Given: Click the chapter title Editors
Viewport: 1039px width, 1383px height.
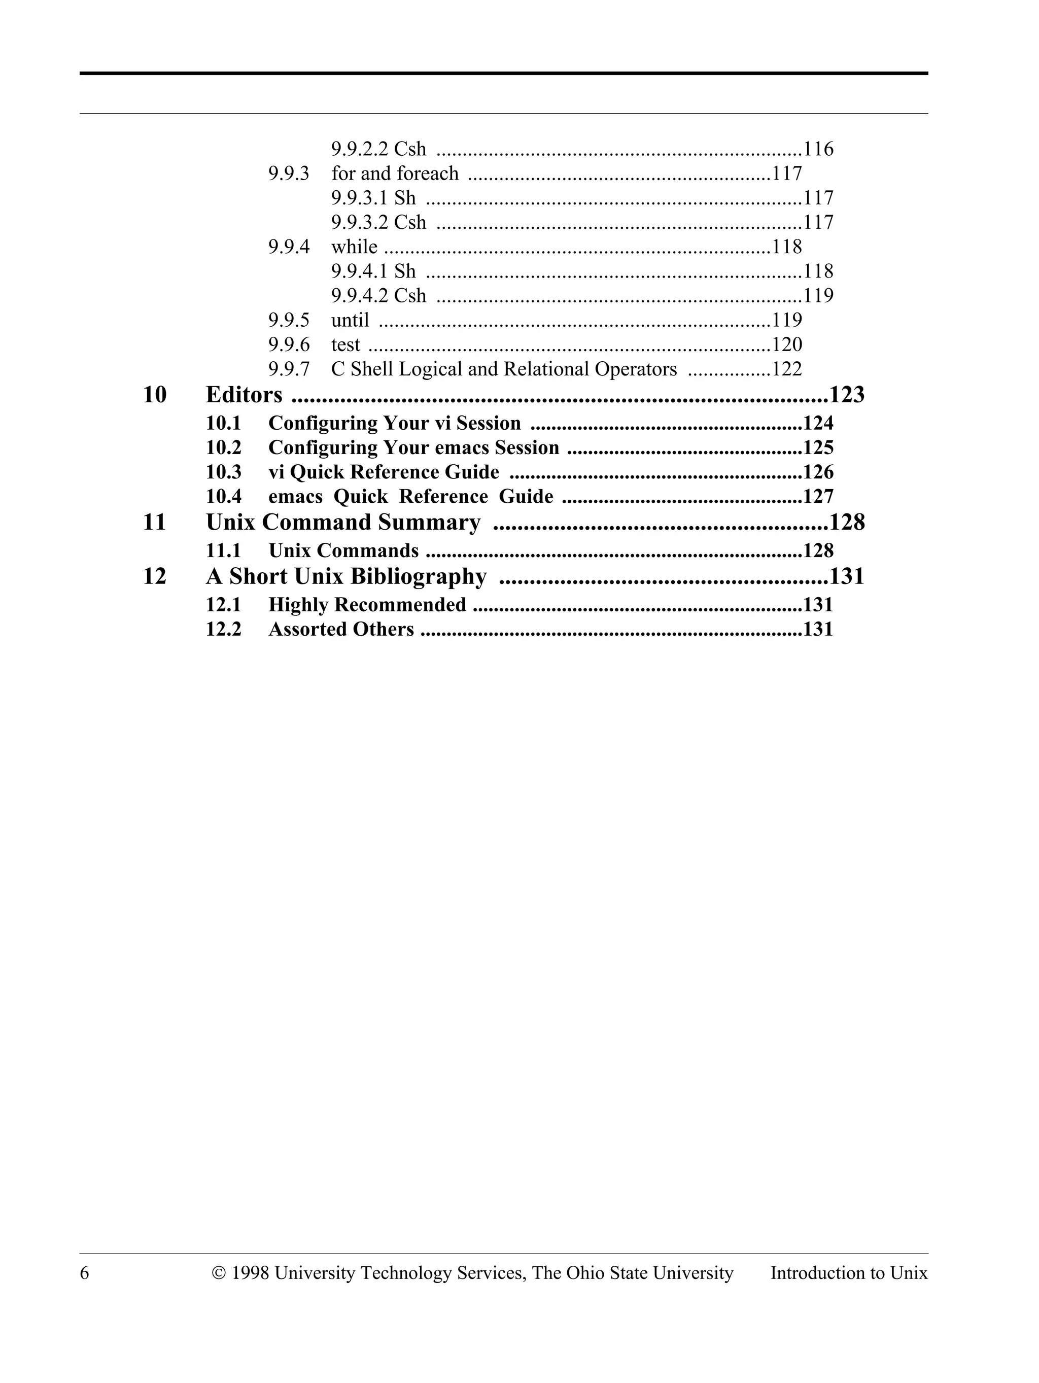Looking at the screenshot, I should (x=244, y=395).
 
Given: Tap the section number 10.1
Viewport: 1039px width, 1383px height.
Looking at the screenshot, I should (x=223, y=423).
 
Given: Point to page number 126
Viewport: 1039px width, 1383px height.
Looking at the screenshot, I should (x=818, y=472).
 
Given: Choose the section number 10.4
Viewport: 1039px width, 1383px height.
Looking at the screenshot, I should (x=223, y=497).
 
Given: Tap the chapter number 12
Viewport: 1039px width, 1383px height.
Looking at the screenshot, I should (x=154, y=576).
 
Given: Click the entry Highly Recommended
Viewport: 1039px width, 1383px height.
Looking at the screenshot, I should (x=367, y=605).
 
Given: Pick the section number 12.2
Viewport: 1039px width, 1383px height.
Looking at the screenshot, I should (x=223, y=629).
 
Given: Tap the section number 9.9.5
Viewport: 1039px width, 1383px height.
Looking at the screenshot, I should (x=289, y=320).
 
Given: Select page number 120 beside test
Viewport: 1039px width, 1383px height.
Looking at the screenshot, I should (x=786, y=344).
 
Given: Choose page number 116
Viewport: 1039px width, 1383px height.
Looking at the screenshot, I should (x=818, y=149).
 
